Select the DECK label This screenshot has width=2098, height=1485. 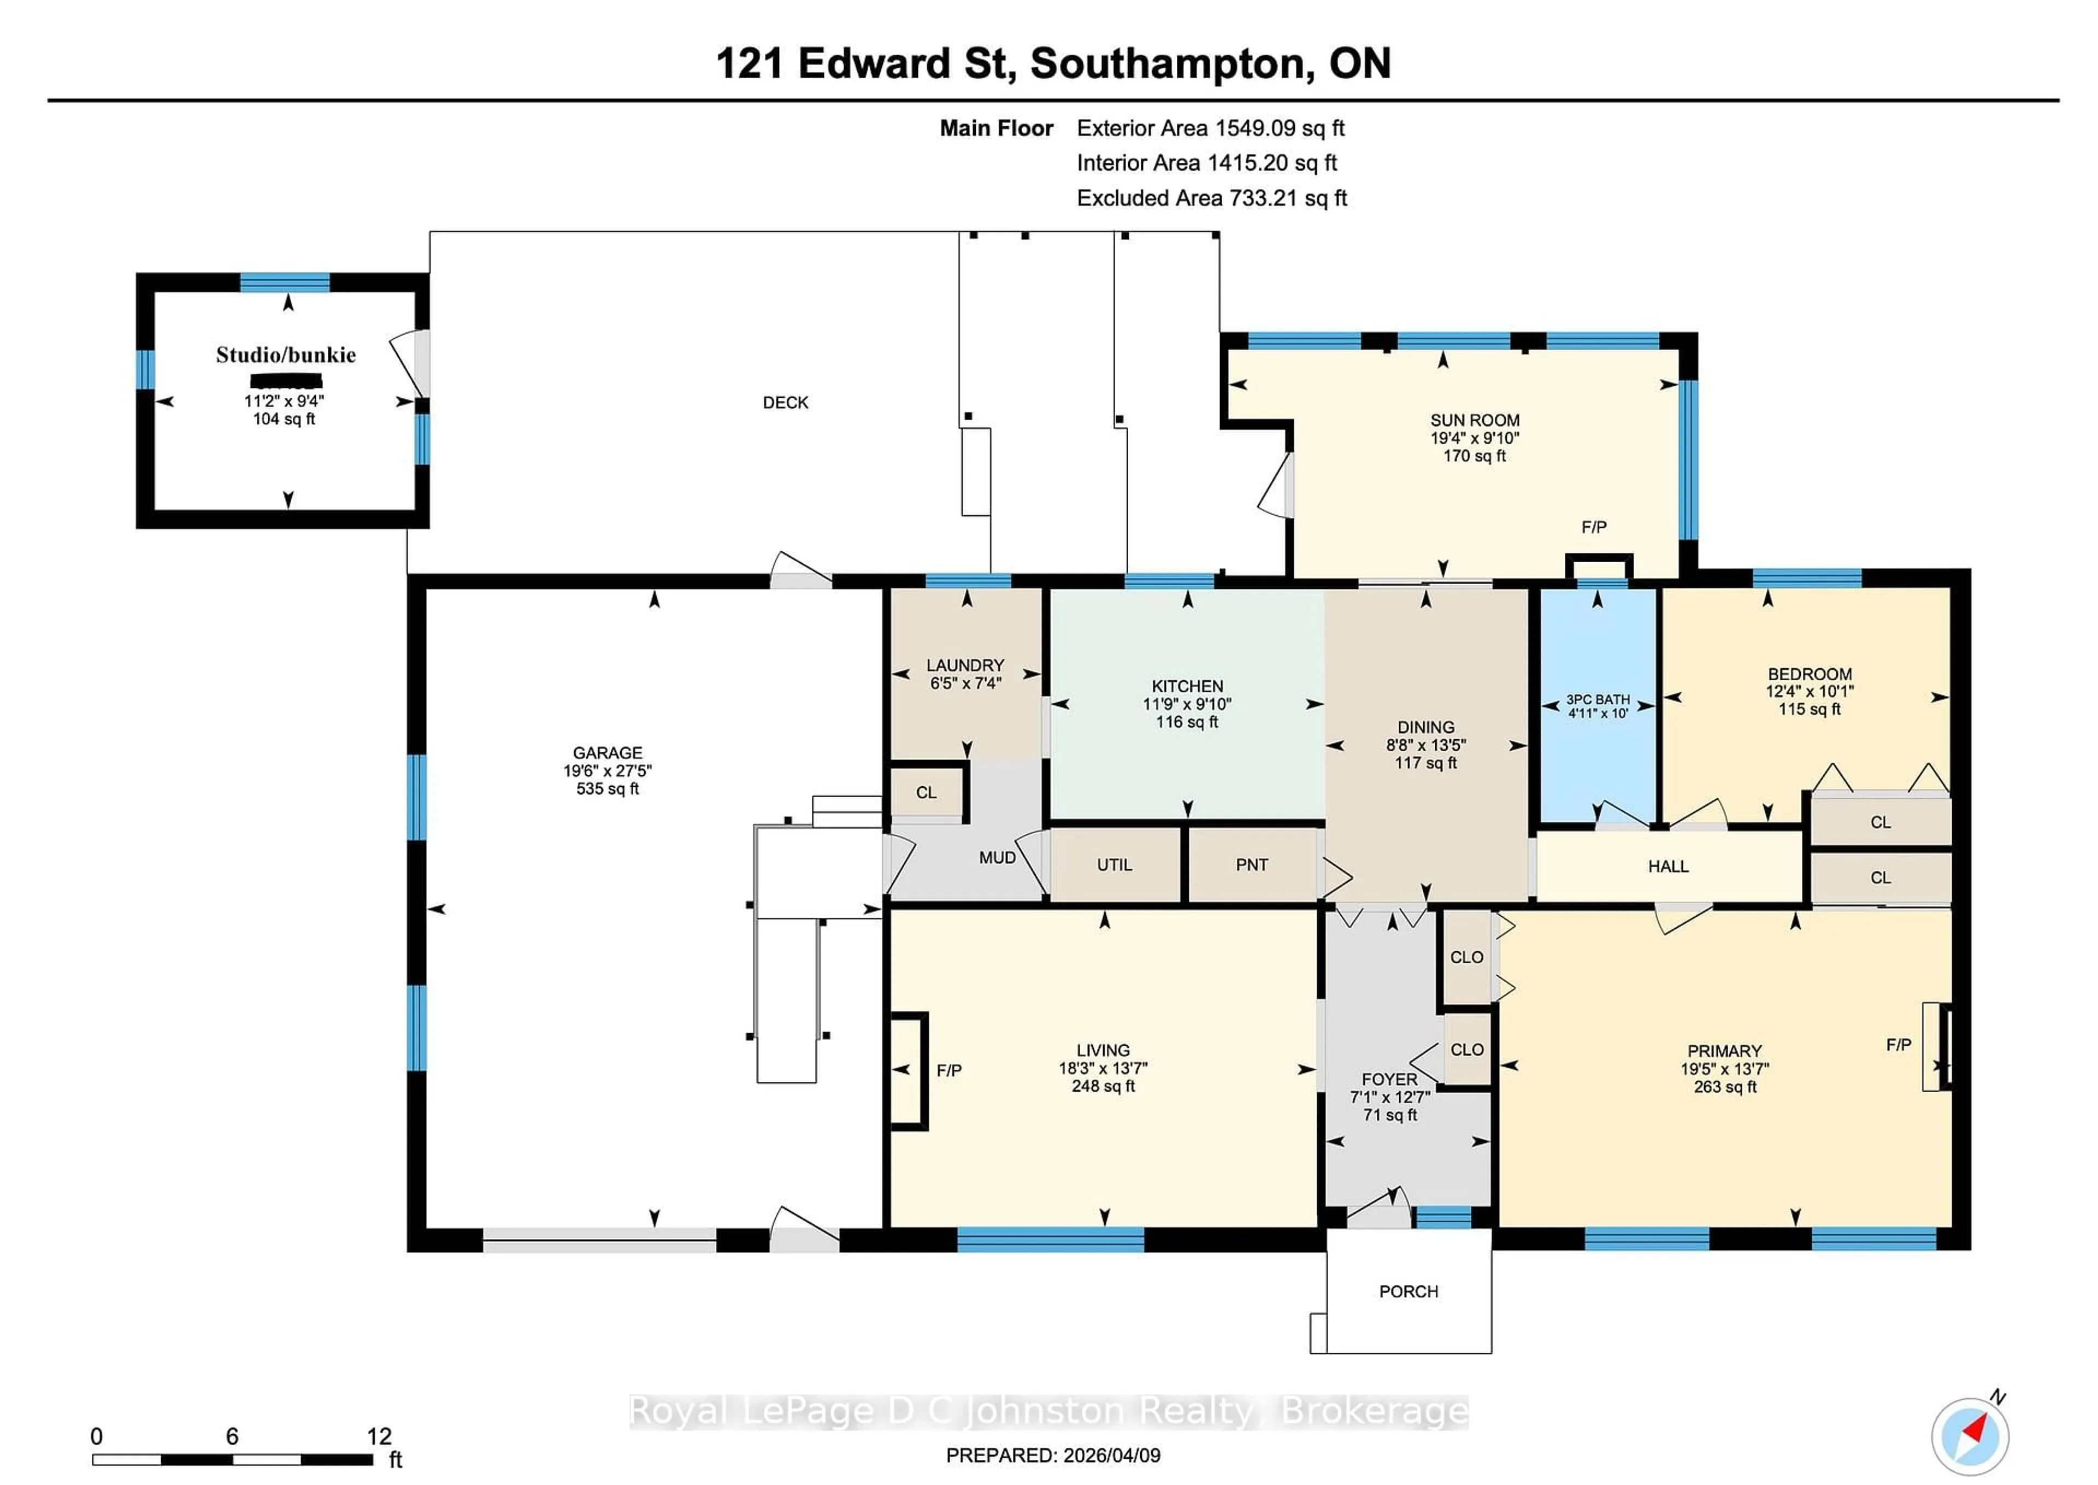coord(785,402)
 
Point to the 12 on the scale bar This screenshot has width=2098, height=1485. coord(379,1436)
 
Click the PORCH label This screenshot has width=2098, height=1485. coord(1408,1291)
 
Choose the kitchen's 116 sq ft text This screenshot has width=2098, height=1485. coord(1187,722)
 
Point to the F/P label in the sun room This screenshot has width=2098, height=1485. coord(1593,527)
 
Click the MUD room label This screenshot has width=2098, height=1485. coord(997,858)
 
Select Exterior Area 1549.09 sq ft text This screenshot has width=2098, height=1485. coord(1210,128)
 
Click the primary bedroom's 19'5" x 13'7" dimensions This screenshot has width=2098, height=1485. coord(1724,1069)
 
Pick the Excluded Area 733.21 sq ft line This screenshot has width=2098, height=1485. coord(1211,198)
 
